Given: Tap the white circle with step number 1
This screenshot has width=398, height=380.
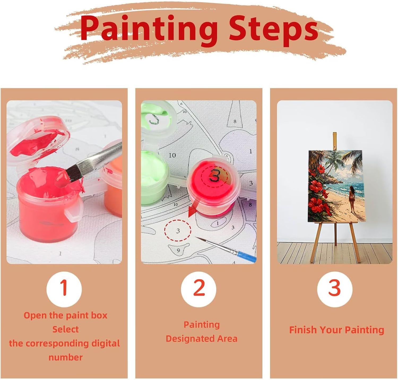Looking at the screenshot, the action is click(x=64, y=289).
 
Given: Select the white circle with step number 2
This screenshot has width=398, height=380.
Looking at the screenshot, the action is click(x=198, y=289).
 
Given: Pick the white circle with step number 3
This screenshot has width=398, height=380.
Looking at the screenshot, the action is click(x=335, y=289).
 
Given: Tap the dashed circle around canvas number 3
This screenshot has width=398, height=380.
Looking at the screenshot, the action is click(x=178, y=230).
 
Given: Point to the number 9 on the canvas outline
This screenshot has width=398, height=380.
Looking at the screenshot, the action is click(x=178, y=250).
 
